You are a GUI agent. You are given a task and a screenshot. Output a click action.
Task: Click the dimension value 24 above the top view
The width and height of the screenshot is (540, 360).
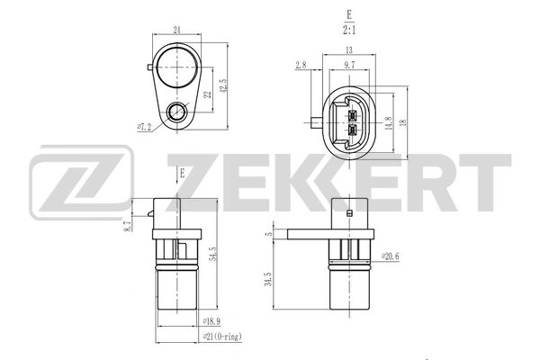pos(177,30)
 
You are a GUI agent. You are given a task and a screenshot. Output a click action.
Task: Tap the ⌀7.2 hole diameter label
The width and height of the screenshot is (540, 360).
pos(143,127)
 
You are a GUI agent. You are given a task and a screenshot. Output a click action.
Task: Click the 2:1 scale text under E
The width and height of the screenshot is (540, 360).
pos(348,30)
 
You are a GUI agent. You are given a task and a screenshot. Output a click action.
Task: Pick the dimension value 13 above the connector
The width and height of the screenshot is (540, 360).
pos(347,51)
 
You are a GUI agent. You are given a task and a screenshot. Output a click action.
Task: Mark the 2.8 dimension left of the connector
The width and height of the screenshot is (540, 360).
pos(301,65)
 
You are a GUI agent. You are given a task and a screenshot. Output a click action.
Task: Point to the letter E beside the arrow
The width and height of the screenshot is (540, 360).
pos(182,170)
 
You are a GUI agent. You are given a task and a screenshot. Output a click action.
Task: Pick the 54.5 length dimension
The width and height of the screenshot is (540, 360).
pos(211,257)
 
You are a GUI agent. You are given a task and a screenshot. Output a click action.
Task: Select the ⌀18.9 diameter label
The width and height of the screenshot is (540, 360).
pos(212,320)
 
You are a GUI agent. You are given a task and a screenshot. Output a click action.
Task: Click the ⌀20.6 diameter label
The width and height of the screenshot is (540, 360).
pos(390,256)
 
